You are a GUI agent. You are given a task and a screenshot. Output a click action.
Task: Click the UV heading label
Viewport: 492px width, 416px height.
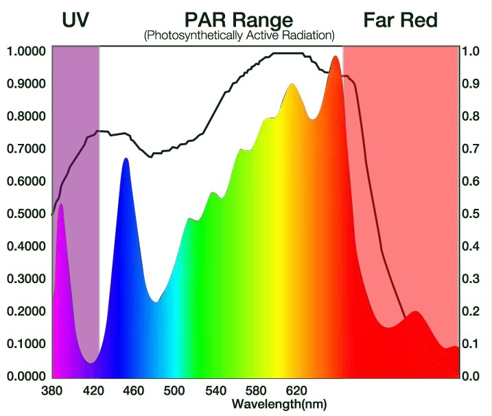pyautogui.click(x=77, y=20)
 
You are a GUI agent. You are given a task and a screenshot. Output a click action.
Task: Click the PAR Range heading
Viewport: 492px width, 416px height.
pyautogui.click(x=239, y=20)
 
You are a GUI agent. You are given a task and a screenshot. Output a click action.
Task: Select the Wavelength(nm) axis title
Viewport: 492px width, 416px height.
pyautogui.click(x=279, y=404)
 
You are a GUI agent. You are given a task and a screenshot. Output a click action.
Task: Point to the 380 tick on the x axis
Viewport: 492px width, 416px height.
pyautogui.click(x=51, y=391)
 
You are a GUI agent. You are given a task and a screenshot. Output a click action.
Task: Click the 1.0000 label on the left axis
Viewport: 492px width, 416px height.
pyautogui.click(x=26, y=51)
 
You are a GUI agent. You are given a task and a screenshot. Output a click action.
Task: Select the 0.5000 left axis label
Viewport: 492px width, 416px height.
pyautogui.click(x=26, y=214)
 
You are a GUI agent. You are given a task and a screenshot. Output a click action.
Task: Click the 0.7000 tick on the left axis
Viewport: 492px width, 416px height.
pyautogui.click(x=26, y=149)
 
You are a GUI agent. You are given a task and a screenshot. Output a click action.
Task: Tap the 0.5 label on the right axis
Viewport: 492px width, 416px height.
pyautogui.click(x=470, y=214)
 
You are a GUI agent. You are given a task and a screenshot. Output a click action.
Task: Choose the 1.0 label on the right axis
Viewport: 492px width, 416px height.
pyautogui.click(x=470, y=51)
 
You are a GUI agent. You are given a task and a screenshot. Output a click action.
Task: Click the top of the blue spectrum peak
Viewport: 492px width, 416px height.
pyautogui.click(x=126, y=159)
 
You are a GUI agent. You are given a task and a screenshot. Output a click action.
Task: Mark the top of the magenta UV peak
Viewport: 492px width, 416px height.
pyautogui.click(x=61, y=205)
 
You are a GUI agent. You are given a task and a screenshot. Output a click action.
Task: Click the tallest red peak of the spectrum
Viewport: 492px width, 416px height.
pyautogui.click(x=335, y=57)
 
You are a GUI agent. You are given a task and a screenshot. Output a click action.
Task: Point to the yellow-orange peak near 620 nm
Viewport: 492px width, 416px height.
pyautogui.click(x=292, y=84)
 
